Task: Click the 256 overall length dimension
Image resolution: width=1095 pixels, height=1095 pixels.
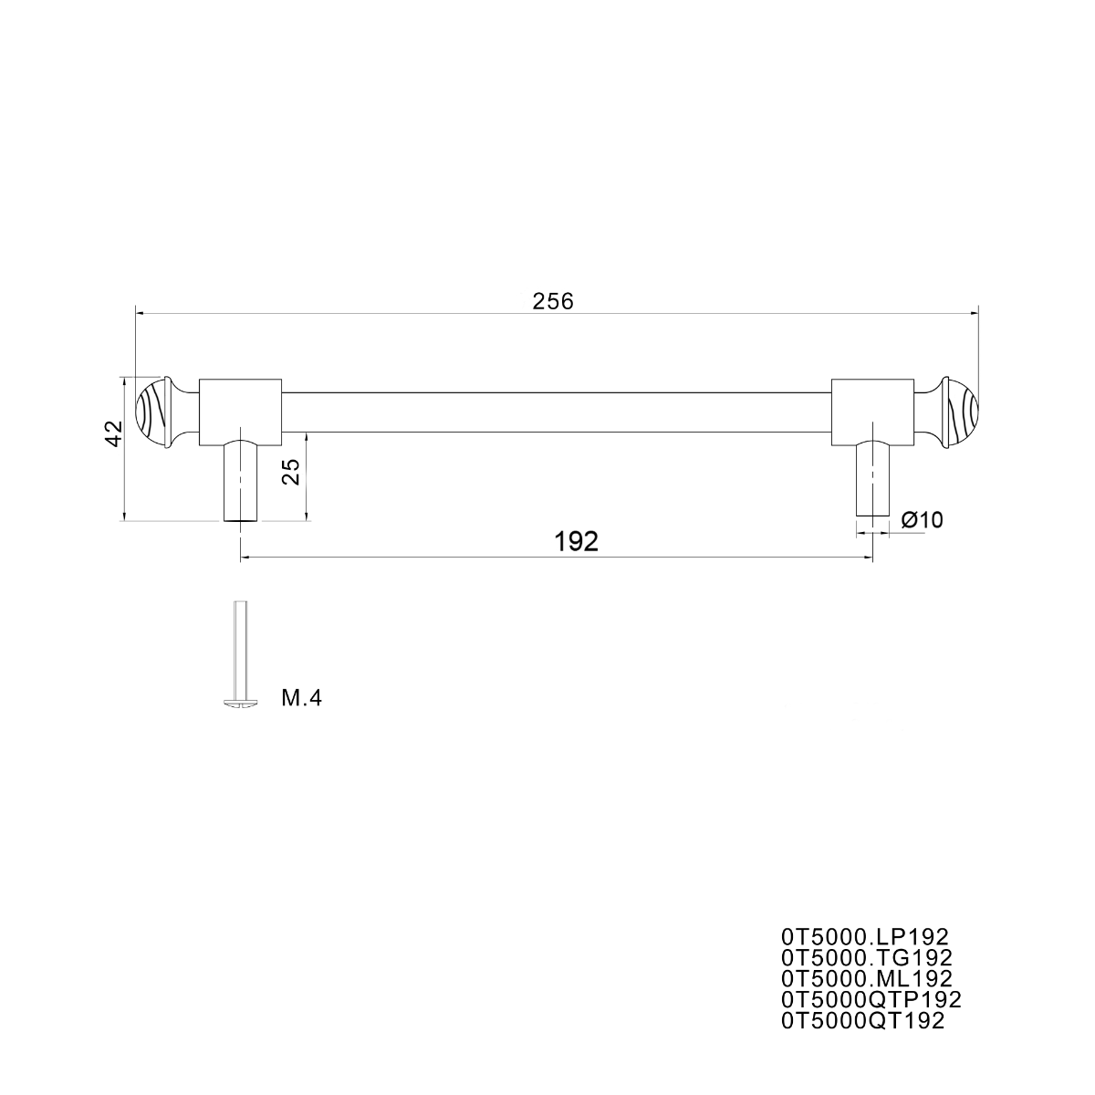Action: [x=553, y=302]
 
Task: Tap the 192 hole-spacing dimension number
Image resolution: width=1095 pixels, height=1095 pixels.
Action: [x=576, y=542]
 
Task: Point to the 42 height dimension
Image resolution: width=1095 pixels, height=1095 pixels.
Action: [x=114, y=433]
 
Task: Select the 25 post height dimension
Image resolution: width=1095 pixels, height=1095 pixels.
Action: [x=291, y=471]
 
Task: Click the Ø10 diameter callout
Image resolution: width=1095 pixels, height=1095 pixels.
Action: [x=922, y=519]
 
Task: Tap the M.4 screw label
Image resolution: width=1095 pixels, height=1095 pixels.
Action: [x=301, y=698]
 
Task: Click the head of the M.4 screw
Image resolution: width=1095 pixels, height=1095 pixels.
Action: [x=241, y=704]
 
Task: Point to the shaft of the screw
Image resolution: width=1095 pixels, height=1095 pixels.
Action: [x=241, y=650]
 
